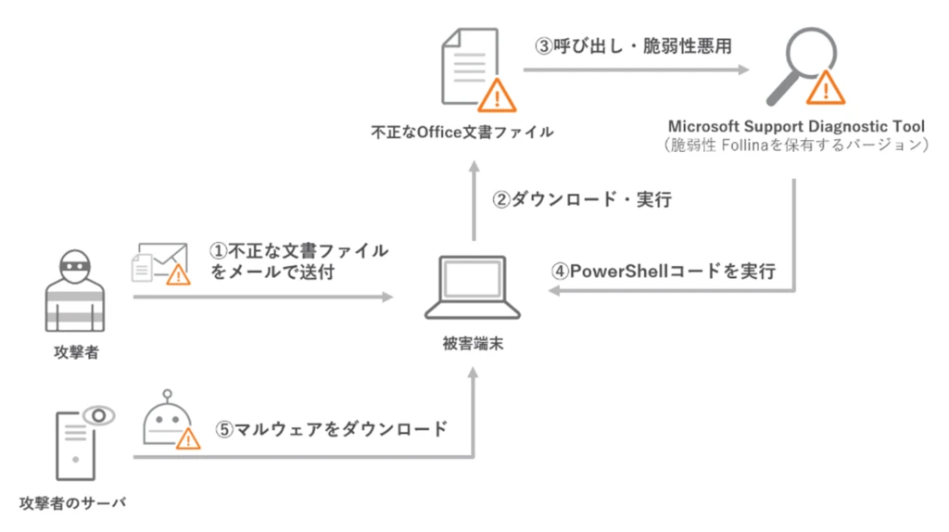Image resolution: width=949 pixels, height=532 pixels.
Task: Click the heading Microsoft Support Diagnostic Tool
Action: click(795, 126)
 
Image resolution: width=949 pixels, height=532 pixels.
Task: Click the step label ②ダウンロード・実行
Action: click(581, 199)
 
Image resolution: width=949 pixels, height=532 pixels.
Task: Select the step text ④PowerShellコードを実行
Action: click(664, 272)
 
